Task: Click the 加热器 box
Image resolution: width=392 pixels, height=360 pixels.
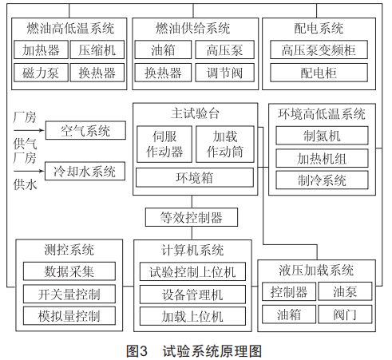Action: click(41, 49)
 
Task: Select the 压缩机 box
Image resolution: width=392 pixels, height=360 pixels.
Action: click(97, 49)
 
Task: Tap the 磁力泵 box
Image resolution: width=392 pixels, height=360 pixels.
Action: click(41, 73)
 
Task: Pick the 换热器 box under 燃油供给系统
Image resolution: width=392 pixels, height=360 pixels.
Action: click(163, 73)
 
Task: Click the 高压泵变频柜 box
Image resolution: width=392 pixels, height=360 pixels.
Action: click(319, 49)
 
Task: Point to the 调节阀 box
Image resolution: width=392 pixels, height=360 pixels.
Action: click(224, 73)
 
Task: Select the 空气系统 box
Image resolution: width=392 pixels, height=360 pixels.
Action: click(85, 130)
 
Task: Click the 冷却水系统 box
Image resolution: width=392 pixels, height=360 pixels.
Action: click(85, 171)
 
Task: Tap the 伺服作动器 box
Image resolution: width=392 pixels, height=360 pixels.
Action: click(164, 144)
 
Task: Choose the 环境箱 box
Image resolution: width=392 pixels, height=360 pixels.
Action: click(195, 177)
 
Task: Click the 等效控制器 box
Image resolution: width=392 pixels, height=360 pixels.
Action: click(192, 217)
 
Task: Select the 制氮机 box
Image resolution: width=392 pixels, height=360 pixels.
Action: click(322, 136)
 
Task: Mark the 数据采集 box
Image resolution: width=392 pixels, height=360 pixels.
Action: click(69, 271)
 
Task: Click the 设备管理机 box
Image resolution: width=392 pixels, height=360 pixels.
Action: click(192, 295)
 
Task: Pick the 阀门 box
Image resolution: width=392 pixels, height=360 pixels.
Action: click(345, 315)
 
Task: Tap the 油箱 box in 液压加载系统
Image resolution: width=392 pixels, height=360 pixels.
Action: click(289, 315)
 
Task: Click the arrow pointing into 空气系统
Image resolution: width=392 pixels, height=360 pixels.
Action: click(29, 130)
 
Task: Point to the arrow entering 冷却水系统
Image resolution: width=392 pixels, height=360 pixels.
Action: click(29, 171)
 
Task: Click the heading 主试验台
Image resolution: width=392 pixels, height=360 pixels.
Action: click(195, 113)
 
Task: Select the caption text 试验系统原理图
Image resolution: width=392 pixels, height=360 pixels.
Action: click(212, 351)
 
